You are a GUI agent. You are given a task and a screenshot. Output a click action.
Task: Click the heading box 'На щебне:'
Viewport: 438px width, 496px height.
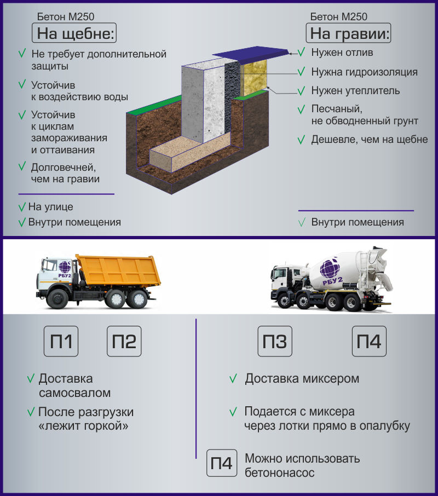(x=74, y=33)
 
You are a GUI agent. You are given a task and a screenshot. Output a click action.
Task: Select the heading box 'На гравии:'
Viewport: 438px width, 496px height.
(x=348, y=33)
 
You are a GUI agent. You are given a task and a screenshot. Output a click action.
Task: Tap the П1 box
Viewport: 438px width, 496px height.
(x=61, y=341)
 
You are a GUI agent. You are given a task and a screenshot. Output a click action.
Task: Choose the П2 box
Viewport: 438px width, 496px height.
(x=124, y=341)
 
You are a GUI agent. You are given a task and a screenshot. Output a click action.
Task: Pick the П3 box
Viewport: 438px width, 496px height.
(x=275, y=341)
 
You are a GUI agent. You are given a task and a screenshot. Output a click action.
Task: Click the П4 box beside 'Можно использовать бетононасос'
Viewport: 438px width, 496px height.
(x=222, y=463)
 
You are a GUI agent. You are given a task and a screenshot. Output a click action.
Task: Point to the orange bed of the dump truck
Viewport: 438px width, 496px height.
(x=119, y=270)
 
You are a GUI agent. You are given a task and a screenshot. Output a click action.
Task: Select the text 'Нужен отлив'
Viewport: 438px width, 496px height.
(x=342, y=53)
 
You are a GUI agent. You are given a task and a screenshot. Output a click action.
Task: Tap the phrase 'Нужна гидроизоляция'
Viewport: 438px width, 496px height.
(x=364, y=72)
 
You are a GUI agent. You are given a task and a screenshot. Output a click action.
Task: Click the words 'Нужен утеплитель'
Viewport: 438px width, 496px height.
(x=355, y=91)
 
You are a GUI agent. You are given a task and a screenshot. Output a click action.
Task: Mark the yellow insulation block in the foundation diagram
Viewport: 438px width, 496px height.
(x=253, y=78)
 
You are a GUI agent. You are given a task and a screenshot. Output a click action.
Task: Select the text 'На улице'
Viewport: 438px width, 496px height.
(x=50, y=207)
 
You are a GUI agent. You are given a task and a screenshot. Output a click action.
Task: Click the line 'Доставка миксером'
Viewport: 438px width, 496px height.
(x=302, y=379)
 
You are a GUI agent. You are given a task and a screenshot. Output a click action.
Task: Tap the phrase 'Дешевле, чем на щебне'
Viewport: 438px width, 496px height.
(x=370, y=140)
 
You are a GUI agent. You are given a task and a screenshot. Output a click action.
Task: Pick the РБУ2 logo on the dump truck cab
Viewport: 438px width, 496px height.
(x=65, y=269)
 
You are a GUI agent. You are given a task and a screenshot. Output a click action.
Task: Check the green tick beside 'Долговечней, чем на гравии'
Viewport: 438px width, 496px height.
(x=22, y=166)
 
